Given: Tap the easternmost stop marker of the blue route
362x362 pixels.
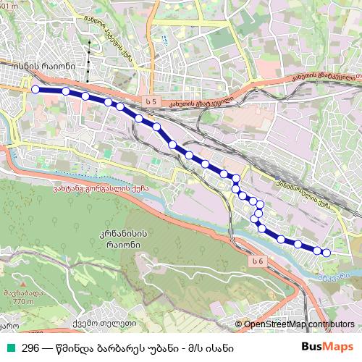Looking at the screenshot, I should click(326, 253).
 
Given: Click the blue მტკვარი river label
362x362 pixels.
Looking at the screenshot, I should click(334, 275).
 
